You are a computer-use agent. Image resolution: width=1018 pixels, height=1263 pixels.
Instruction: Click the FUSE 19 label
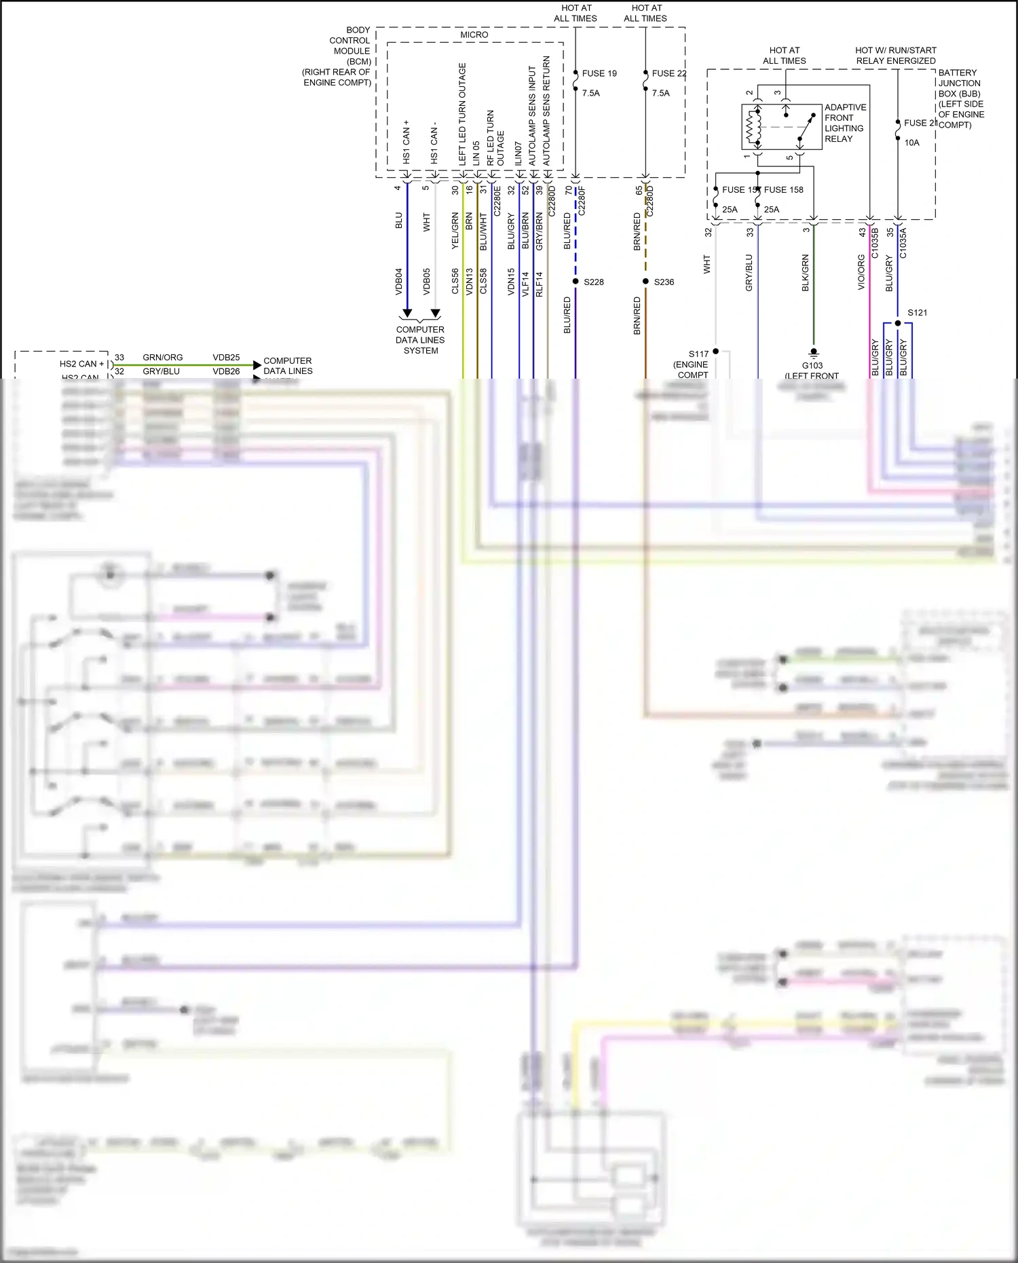coord(599,73)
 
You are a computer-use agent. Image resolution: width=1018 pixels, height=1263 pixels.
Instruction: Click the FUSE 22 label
coord(668,73)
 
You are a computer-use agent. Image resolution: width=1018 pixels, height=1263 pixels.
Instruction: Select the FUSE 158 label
coord(783,190)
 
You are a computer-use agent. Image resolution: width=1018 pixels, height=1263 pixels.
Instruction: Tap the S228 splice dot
coord(576,282)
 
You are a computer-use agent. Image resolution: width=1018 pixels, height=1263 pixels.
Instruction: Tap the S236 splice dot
coord(645,282)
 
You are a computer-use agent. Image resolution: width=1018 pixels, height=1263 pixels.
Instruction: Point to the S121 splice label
coord(917,313)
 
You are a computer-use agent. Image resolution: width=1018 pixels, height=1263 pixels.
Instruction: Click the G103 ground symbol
coord(813,353)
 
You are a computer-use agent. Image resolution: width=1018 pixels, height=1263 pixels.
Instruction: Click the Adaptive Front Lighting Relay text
coord(844,123)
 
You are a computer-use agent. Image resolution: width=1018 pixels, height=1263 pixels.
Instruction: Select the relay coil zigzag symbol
coord(751,127)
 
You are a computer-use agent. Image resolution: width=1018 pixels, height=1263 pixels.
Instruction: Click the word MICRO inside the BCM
coord(474,35)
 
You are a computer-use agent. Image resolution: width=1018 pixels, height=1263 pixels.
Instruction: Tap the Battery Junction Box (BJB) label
coord(959,98)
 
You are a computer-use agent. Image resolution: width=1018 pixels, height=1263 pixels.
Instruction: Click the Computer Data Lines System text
coord(420,340)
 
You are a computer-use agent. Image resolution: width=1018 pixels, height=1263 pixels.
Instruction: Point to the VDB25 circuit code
coord(226,358)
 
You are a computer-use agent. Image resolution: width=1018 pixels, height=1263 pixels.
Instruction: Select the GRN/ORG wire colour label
coord(162,358)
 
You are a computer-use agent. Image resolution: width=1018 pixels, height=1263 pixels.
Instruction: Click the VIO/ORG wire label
coord(861,272)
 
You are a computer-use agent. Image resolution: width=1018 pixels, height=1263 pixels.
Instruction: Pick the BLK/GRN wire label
coord(806,273)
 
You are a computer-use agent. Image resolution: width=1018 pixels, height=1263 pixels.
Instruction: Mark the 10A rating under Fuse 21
coord(911,143)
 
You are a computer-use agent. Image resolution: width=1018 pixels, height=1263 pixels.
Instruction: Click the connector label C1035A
coord(903,243)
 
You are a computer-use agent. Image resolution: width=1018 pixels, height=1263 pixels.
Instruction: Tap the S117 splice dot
coord(715,352)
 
